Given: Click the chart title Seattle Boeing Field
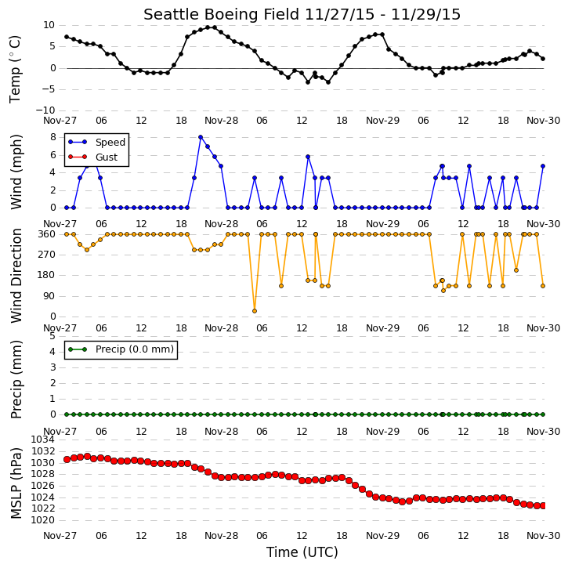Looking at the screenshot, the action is (222, 14).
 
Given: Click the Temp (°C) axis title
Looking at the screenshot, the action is (15, 69).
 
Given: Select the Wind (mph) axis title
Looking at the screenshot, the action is (16, 172).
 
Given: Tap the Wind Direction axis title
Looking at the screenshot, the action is (16, 276).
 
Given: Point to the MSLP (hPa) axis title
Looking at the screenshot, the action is (16, 483).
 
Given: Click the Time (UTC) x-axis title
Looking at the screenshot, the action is (302, 552).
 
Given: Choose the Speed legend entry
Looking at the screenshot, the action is (96, 142).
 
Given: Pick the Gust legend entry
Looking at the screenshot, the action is (93, 157).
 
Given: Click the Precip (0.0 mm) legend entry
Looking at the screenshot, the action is (121, 349).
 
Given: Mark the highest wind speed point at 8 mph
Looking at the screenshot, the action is (201, 137).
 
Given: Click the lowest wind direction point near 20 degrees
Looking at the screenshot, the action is (255, 311).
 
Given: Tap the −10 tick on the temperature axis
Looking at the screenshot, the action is (45, 110).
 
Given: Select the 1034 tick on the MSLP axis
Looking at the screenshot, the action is (43, 440).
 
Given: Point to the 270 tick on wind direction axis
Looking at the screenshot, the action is (47, 255).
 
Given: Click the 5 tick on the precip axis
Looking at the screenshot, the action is (52, 336).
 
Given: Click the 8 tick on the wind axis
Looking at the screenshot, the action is (53, 137).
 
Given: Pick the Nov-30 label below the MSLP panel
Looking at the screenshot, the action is (544, 535).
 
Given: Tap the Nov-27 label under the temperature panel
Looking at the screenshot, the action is (60, 121).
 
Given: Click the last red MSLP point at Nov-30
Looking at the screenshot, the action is (543, 505).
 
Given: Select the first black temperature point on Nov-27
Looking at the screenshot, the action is (67, 37).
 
